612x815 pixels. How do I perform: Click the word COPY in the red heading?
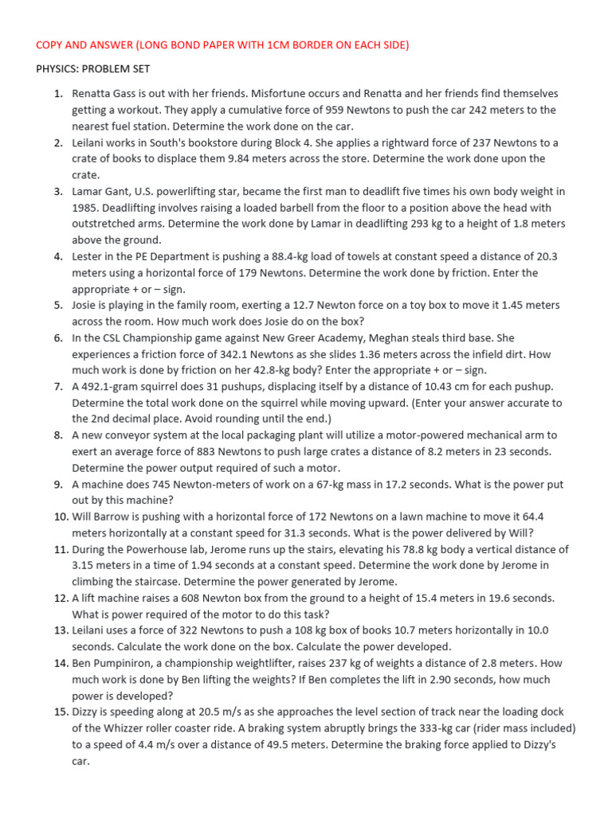51,45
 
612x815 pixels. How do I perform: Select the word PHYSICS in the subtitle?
59,69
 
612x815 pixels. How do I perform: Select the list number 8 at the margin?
58,435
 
